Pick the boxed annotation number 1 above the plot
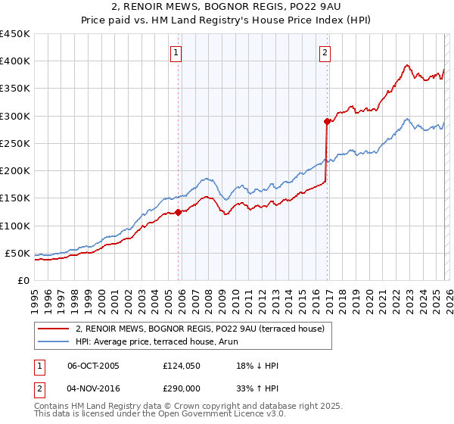click(x=176, y=53)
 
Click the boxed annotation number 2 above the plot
click(x=325, y=53)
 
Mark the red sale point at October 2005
click(x=179, y=212)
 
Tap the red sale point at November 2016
click(x=327, y=121)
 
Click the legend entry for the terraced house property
click(x=200, y=329)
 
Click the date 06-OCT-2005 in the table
click(x=93, y=366)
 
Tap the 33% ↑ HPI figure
click(x=257, y=388)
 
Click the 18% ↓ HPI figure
click(x=257, y=366)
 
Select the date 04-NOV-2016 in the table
click(x=93, y=388)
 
